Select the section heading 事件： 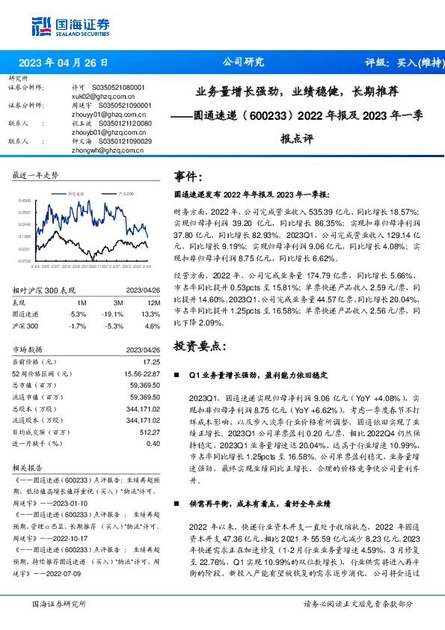[188, 177]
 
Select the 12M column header [153, 302]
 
